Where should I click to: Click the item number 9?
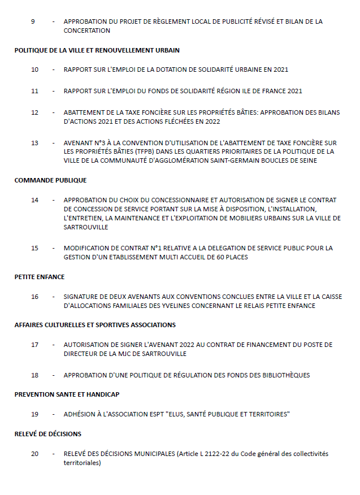(33, 21)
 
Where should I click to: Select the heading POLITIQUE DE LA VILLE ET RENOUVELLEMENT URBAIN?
(97, 50)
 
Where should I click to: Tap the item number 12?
(34, 112)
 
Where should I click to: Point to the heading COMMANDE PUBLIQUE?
(51, 181)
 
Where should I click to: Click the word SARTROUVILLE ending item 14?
(86, 227)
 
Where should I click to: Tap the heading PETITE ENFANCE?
(40, 277)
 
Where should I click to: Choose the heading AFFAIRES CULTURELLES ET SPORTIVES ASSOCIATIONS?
(95, 325)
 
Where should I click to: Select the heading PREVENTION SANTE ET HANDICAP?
(67, 394)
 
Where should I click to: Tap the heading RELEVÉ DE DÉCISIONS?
(48, 434)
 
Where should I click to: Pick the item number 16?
(34, 297)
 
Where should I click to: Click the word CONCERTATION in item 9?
(87, 31)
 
